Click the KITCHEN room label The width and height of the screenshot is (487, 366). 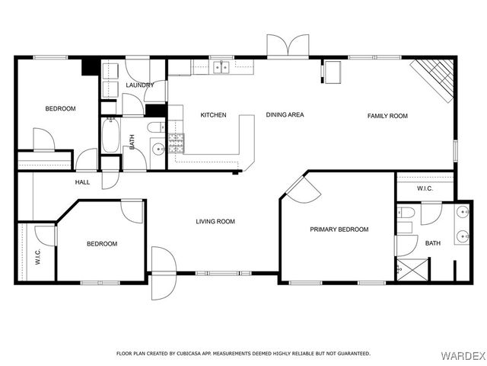coord(213,115)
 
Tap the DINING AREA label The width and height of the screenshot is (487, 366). coord(285,115)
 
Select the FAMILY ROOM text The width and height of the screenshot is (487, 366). coord(387,116)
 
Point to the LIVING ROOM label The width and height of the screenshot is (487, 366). coord(215,222)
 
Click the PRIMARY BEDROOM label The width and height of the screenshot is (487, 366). coord(339,229)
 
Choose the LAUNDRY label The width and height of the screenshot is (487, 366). coord(140,85)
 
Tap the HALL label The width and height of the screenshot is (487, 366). coord(82,182)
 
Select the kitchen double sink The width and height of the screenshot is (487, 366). coord(221,67)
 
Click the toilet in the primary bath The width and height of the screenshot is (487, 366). coord(406,213)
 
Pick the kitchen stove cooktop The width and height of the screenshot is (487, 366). coord(176,141)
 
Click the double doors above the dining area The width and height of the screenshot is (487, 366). coord(288,47)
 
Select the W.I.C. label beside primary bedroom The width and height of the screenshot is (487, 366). coord(424,189)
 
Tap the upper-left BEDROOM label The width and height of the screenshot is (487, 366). coord(60,109)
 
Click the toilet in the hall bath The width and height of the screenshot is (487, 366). coord(156,126)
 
